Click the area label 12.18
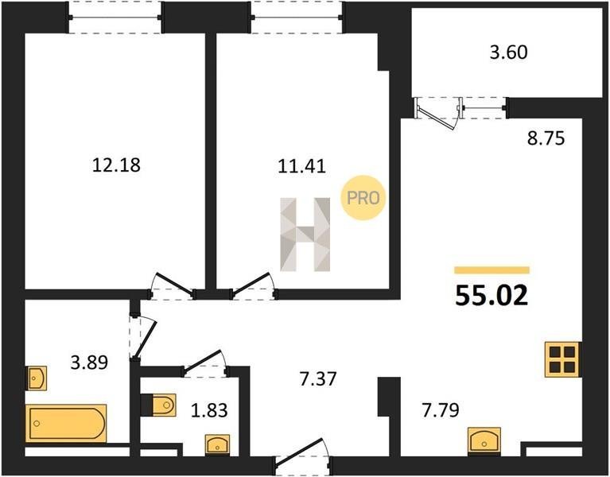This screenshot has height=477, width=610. coord(116,165)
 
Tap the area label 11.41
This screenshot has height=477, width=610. coord(301,167)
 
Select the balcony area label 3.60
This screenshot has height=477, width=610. coord(508,52)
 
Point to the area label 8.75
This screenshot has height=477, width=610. coord(546,138)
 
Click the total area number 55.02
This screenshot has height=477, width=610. coord(491,296)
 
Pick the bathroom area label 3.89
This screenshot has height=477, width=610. coord(89,363)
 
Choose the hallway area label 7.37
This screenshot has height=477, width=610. coord(318,379)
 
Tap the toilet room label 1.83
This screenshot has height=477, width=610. coord(209,410)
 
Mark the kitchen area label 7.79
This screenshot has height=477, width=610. coord(441,410)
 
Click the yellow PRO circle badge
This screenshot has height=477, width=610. coord(363,198)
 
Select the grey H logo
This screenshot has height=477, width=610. coord(305,235)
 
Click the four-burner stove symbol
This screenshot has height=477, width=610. coord(562,359)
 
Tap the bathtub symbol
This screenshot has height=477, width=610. coord(66,423)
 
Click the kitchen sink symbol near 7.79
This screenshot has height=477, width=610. coord(484,440)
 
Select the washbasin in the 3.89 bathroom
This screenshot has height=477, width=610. coord(37,378)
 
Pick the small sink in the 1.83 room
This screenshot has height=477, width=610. coord(217,444)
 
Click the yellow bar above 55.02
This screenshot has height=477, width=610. coord(491,270)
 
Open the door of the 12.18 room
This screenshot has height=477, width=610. coord(173,288)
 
